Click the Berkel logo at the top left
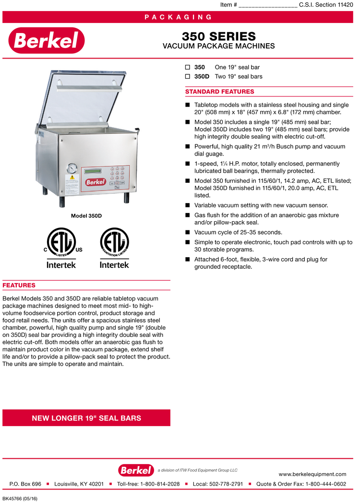click(x=47, y=40)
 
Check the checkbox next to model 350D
click(x=188, y=76)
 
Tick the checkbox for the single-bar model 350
click(x=188, y=67)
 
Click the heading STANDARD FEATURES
click(x=219, y=92)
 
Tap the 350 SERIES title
click(x=218, y=36)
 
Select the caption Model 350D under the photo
click(x=86, y=216)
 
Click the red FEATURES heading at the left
click(x=19, y=286)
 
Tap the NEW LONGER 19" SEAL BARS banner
click(x=86, y=418)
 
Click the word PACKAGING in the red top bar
click(x=178, y=17)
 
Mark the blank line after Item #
click(x=267, y=5)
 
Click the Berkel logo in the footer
click(x=136, y=470)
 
